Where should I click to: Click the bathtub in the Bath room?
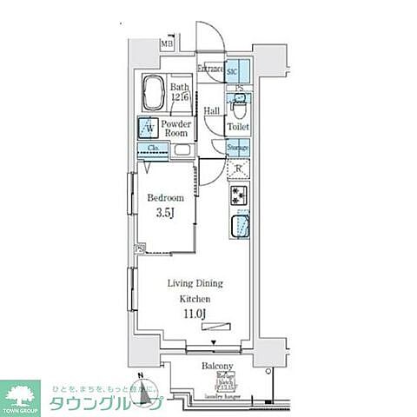pyautogui.click(x=154, y=91)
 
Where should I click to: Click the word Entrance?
pyautogui.click(x=210, y=69)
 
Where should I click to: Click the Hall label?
pyautogui.click(x=211, y=110)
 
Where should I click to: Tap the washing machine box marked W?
pyautogui.click(x=149, y=129)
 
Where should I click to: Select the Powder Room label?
pyautogui.click(x=181, y=129)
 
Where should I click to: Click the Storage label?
pyautogui.click(x=239, y=148)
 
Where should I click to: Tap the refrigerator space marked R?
pyautogui.click(x=239, y=169)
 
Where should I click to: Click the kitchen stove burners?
pyautogui.click(x=239, y=197)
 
